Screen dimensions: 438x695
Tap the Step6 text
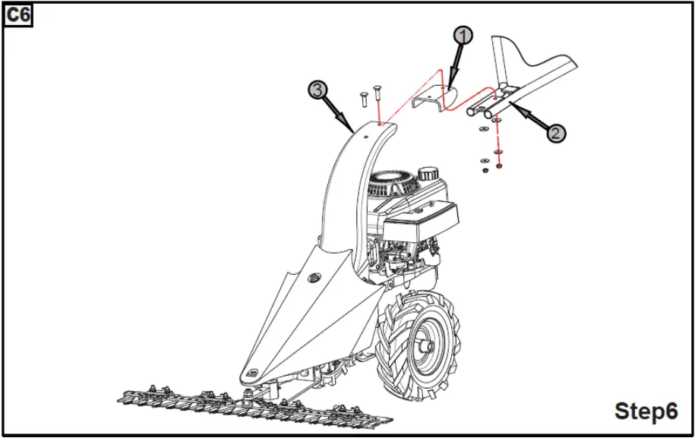[x=646, y=411]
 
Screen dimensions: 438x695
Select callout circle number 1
[x=463, y=35]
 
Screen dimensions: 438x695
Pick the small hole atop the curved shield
[x=365, y=135]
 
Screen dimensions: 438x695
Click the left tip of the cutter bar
[x=119, y=395]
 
